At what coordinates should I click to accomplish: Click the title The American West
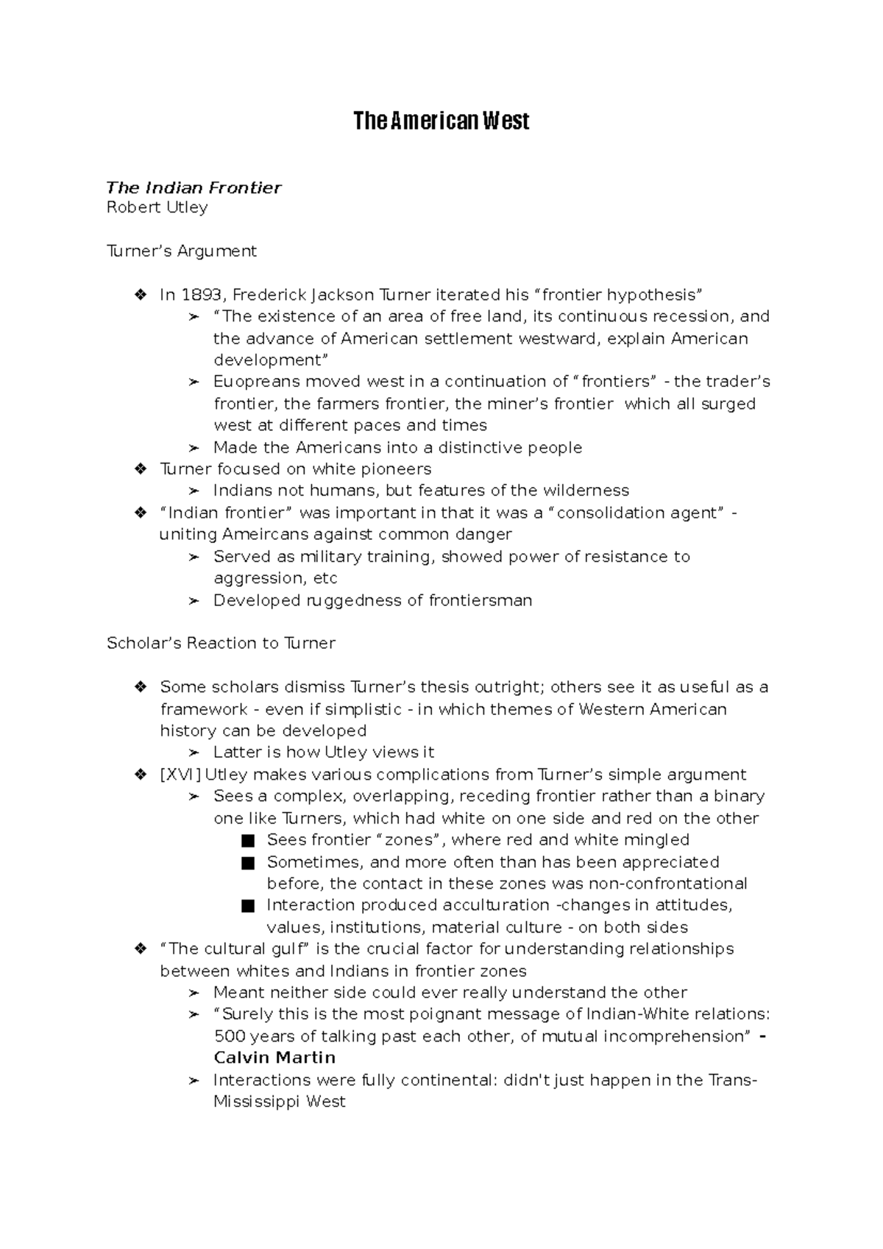point(441,121)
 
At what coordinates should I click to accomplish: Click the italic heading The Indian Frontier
point(194,188)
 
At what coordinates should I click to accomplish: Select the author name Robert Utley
point(157,207)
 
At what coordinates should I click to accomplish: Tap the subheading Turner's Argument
point(181,251)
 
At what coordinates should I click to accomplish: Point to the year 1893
point(201,295)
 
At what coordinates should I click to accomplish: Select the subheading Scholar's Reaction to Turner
point(221,643)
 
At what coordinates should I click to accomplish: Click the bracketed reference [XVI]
point(180,775)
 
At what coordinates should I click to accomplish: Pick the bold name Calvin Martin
point(274,1058)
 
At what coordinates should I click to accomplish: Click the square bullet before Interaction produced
point(247,905)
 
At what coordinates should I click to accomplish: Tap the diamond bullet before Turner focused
point(140,469)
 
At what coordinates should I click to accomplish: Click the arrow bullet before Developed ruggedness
point(194,601)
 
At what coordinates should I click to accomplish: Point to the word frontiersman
point(480,600)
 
